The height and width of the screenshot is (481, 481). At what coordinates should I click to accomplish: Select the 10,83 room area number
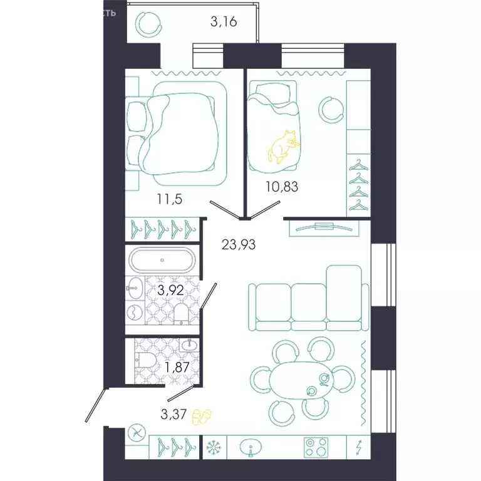[276, 185]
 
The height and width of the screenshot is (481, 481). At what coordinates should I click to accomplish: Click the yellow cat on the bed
[282, 147]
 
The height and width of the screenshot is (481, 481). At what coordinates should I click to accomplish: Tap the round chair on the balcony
[151, 24]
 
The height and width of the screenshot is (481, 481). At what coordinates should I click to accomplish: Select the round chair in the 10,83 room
[331, 108]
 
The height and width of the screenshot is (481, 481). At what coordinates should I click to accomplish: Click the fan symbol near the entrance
[137, 432]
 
